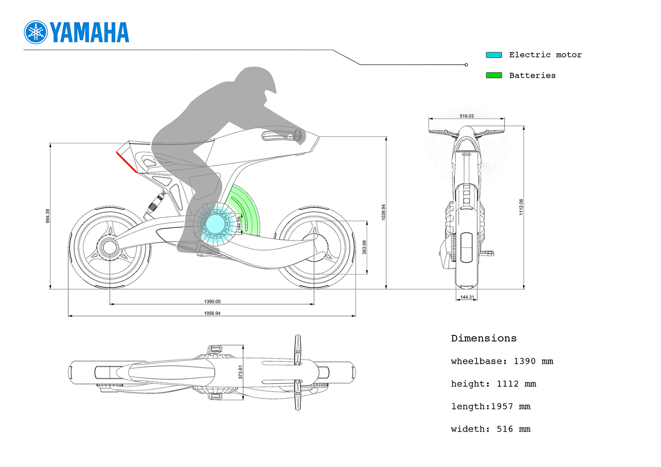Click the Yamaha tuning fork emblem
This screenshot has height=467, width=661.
[x=36, y=33]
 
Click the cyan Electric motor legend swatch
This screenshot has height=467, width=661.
[x=494, y=55]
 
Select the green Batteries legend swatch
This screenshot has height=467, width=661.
[x=494, y=75]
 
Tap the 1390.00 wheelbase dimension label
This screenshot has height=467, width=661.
[x=212, y=301]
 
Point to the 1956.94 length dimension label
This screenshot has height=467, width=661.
[x=212, y=313]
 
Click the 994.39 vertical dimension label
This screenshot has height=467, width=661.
[x=47, y=216]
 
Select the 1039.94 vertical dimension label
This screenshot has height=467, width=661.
[x=383, y=212]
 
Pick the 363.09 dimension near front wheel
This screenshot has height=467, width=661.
[x=364, y=247]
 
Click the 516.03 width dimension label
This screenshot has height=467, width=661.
[x=466, y=116]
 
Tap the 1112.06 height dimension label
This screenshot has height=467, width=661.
[x=521, y=207]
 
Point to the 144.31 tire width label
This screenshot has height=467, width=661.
[x=466, y=297]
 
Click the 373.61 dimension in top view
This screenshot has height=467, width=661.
[x=240, y=372]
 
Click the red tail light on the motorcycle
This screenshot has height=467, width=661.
[x=127, y=162]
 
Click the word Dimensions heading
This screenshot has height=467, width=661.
[x=483, y=338]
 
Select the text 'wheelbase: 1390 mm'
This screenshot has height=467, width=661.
[x=502, y=361]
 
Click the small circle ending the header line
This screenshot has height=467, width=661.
[x=466, y=65]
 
